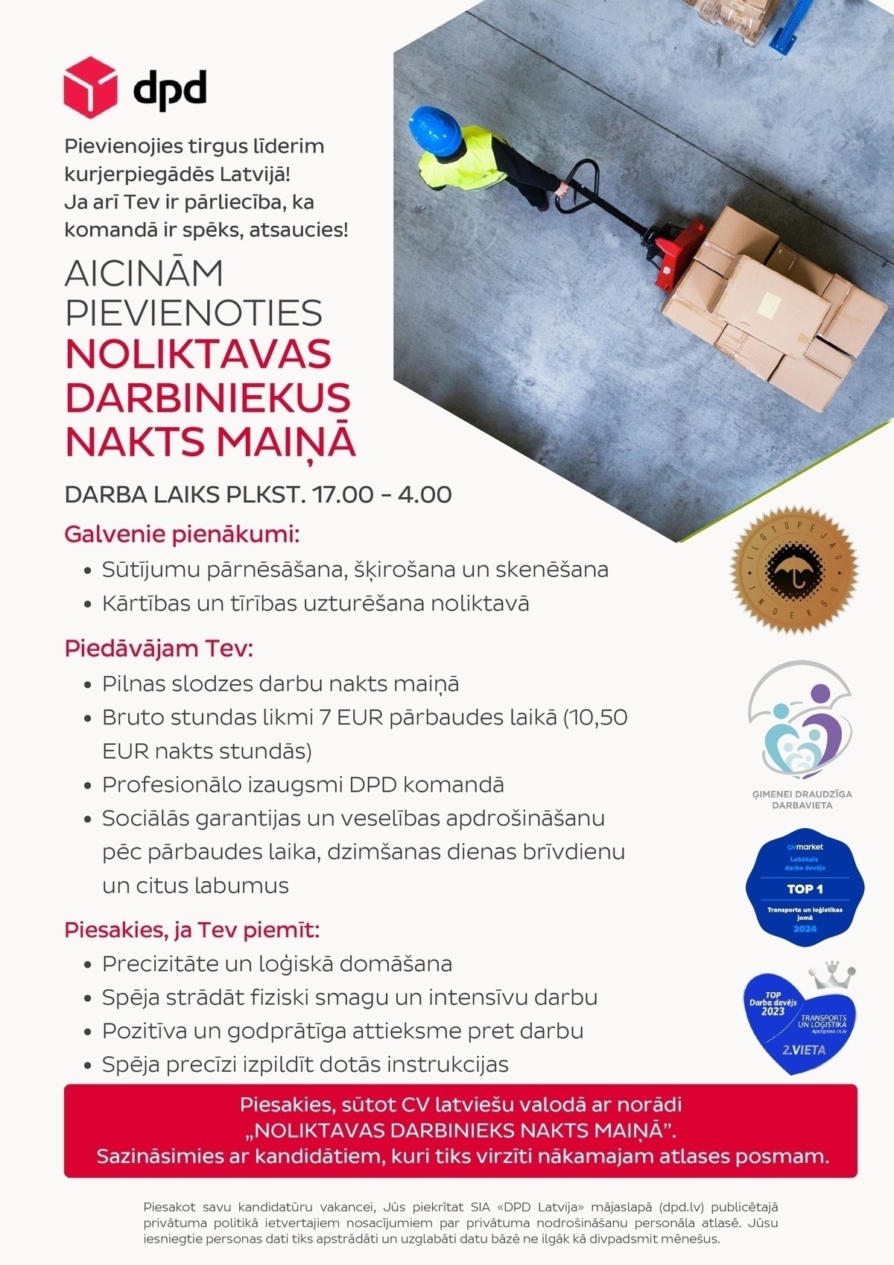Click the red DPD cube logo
[x=90, y=87]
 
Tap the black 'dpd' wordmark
[x=169, y=89]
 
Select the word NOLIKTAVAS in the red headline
[x=198, y=354]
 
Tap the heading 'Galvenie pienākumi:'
[x=182, y=534]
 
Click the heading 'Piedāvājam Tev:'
[x=159, y=648]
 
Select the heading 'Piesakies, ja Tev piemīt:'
[x=191, y=930]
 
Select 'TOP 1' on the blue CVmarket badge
[x=805, y=889]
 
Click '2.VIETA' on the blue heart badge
[x=803, y=1050]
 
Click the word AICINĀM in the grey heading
[x=144, y=274]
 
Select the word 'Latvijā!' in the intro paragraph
[x=254, y=174]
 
